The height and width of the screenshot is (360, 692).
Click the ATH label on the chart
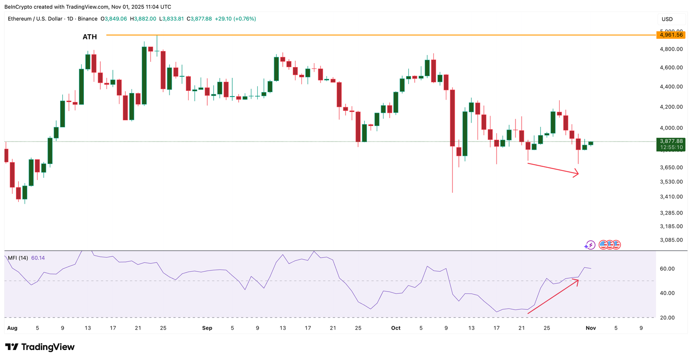90,37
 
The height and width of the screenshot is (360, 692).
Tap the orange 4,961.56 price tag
670,35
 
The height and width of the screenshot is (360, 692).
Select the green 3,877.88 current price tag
671,141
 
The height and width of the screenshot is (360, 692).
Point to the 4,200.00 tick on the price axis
671,107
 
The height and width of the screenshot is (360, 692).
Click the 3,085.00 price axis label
671,240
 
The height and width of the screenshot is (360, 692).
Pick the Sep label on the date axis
207,328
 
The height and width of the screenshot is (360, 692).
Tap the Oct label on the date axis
396,328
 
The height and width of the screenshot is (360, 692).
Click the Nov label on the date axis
591,328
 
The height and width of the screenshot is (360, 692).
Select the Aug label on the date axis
12,328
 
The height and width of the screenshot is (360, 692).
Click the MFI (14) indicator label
18,258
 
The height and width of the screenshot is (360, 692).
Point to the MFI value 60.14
38,258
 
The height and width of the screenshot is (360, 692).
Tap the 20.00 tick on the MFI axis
667,318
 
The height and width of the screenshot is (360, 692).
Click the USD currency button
667,19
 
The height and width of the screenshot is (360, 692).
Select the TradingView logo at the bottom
40,347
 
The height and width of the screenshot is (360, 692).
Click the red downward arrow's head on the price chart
577,174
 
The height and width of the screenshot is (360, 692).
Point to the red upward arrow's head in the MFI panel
577,281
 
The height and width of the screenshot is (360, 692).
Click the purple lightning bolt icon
590,245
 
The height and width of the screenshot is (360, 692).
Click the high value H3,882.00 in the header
143,19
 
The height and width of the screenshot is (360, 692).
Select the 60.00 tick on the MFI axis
667,269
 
